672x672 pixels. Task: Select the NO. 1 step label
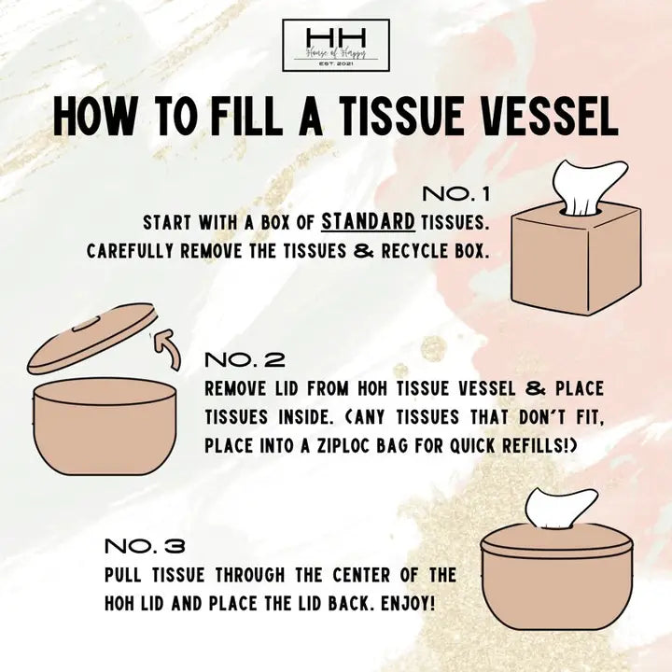(456, 194)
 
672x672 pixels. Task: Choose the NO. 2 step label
(244, 359)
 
